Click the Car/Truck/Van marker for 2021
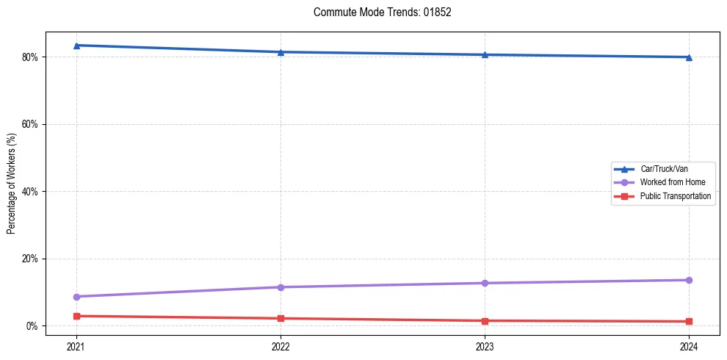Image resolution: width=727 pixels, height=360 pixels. point(76,46)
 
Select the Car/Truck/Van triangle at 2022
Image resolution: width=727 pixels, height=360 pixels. point(281,52)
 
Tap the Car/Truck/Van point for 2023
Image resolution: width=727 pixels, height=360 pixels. point(485,54)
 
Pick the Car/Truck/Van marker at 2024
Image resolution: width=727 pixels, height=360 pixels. point(689,57)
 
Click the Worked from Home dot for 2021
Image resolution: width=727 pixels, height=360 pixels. point(76,297)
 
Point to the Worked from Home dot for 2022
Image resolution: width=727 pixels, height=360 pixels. point(281,287)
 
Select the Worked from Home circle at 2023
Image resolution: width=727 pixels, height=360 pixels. point(485,283)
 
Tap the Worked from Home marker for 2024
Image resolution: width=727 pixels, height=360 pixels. point(689,280)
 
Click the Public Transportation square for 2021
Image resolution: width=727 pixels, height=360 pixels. point(76,316)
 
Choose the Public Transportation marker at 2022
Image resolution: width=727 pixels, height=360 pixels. point(281,318)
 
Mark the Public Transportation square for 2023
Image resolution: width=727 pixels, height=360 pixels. point(485,321)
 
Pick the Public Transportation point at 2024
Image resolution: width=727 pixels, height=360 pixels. point(689,322)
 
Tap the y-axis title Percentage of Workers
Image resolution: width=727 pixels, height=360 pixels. point(12,184)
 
